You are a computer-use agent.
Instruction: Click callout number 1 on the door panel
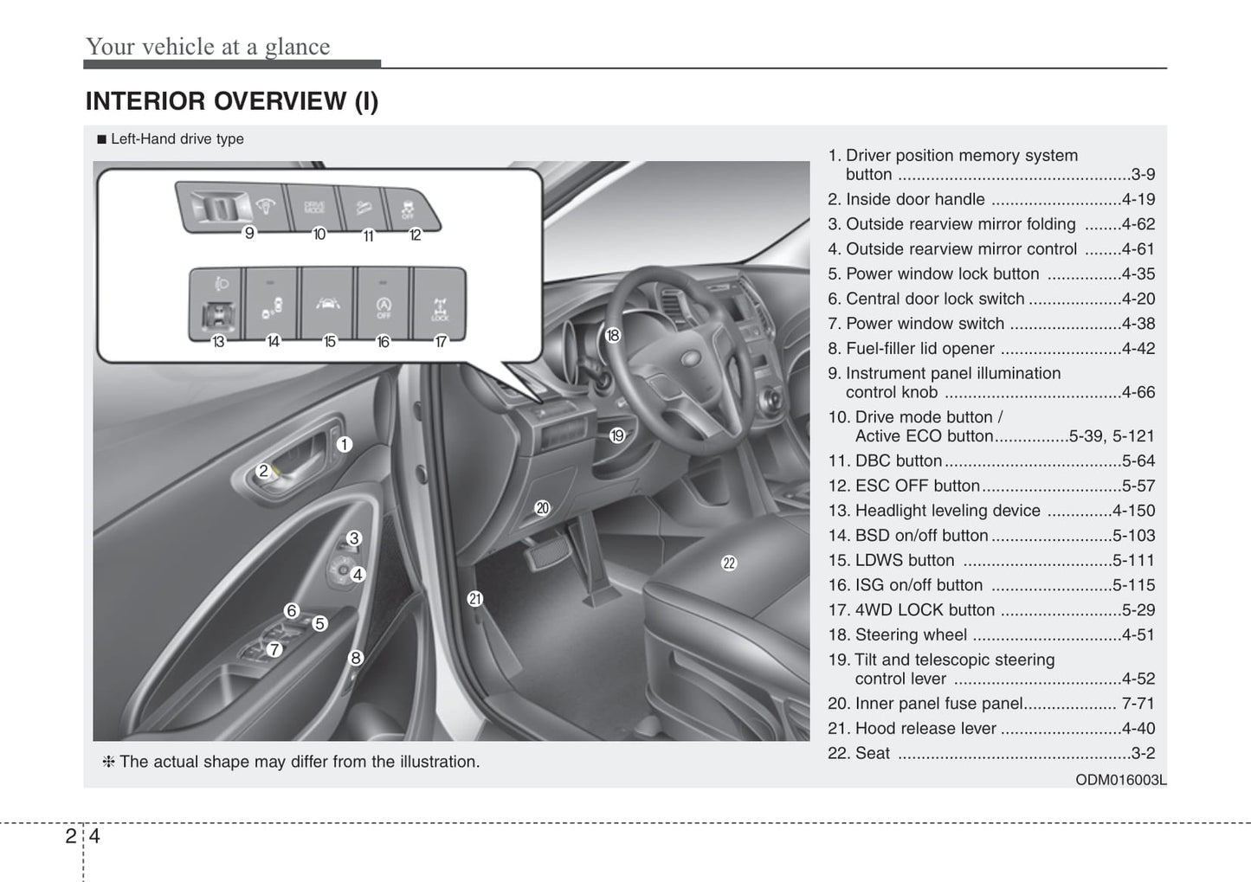coord(344,445)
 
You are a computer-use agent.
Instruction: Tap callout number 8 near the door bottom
coord(355,658)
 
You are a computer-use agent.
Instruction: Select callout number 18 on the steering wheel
coord(613,335)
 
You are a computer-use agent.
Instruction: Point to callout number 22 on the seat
coord(729,563)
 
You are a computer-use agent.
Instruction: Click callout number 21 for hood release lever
coord(474,599)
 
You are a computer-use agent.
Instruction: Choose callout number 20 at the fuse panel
coord(542,508)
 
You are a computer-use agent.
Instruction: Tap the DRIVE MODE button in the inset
coord(313,208)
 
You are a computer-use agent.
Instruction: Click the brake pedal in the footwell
coord(545,553)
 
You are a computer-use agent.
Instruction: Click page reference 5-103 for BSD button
coord(1133,536)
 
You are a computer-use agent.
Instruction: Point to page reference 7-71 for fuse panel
coord(1138,704)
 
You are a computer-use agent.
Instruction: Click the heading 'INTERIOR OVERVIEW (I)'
coord(232,101)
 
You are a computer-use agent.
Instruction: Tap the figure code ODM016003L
coord(1120,780)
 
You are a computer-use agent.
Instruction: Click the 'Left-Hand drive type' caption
coord(177,138)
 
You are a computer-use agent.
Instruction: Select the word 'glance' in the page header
coord(297,47)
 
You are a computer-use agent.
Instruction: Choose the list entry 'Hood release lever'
coord(925,729)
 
